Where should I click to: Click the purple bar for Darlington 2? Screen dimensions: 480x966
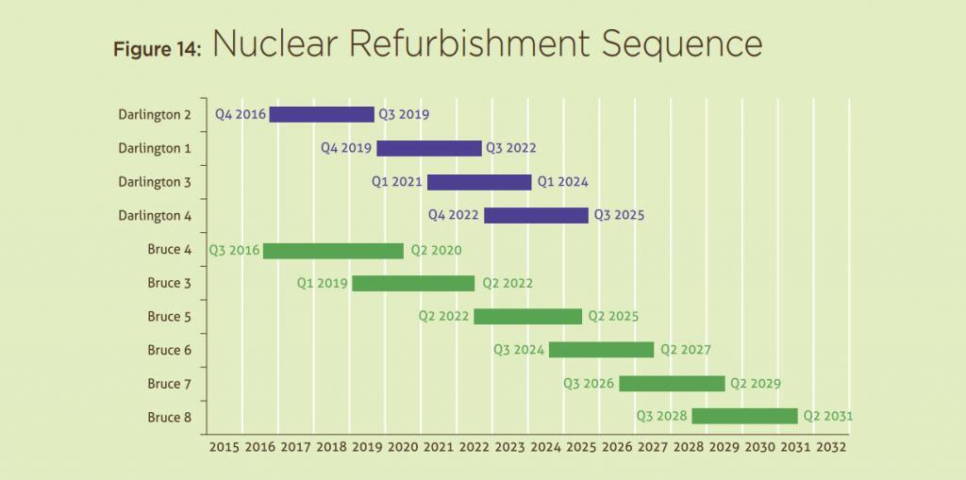point(322,114)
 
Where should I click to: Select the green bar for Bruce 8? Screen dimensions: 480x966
point(744,416)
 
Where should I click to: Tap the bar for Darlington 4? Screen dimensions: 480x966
point(536,215)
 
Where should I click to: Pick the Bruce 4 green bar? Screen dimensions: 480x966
point(333,250)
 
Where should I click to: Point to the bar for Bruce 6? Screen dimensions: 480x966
point(601,349)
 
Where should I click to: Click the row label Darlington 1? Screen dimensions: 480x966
point(155,148)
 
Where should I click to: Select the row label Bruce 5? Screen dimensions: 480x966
point(169,317)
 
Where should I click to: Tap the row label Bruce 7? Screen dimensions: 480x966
point(169,384)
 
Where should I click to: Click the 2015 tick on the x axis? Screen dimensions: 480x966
point(225,446)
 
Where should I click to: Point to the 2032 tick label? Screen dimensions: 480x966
point(831,446)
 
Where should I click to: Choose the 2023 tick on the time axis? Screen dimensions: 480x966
point(509,446)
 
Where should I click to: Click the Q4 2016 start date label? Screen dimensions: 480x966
point(240,114)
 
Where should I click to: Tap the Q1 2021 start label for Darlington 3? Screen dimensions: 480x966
point(396,182)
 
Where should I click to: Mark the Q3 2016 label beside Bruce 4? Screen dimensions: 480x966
point(233,250)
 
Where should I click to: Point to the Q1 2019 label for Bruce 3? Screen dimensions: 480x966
point(322,283)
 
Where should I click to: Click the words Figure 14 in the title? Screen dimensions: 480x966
point(157,50)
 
